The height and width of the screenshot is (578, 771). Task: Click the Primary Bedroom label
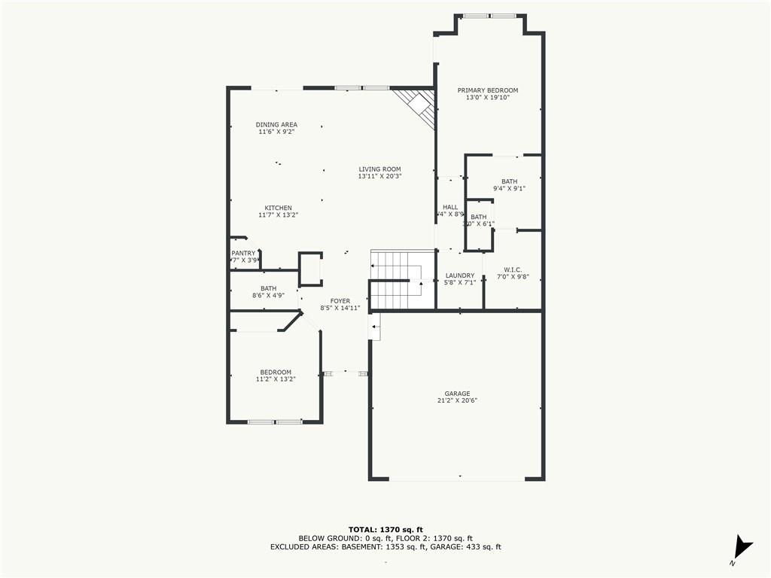point(488,90)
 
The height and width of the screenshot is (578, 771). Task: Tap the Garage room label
point(457,394)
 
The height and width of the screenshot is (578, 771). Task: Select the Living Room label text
point(379,169)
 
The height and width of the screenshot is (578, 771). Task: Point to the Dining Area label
point(276,125)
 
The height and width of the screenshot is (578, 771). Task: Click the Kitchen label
point(278,208)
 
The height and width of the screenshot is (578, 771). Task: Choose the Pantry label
point(244,254)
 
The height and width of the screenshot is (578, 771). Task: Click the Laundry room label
point(459,275)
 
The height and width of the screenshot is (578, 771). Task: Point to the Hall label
point(450,207)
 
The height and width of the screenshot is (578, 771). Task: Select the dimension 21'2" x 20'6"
point(457,401)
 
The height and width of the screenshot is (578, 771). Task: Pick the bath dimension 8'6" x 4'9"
point(268,296)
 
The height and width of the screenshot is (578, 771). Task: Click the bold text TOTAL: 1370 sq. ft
point(385,529)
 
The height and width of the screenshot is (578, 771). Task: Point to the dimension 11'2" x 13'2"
point(276,379)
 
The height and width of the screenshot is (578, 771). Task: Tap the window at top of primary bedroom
point(489,16)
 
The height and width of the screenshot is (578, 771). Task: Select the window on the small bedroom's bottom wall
point(275,421)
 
